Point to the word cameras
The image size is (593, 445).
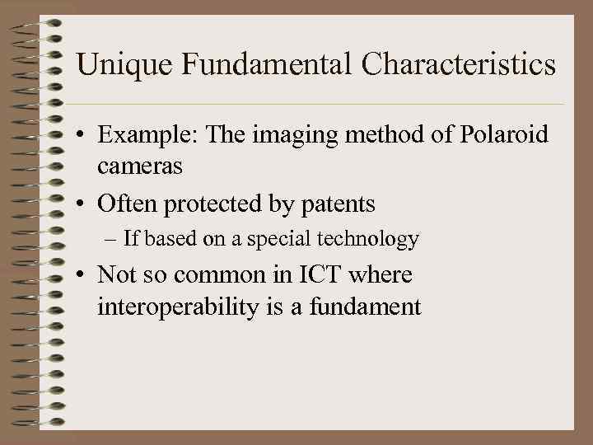click(139, 166)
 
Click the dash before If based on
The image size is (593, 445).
click(112, 240)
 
